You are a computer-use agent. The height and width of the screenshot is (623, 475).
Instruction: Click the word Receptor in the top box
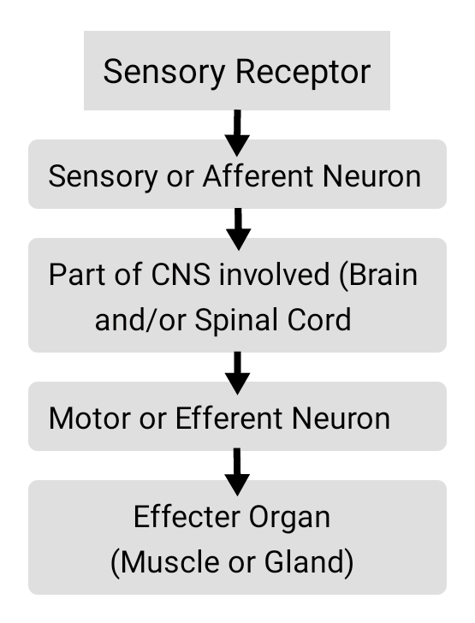[x=303, y=73]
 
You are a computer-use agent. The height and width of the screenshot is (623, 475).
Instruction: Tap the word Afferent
[x=258, y=175]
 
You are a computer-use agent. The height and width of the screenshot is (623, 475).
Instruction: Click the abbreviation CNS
[x=181, y=274]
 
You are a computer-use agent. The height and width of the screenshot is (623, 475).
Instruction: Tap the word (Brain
[x=378, y=275]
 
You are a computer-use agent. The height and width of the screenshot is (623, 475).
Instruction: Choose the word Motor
[x=84, y=418]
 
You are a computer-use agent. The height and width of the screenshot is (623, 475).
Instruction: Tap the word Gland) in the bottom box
[x=309, y=562]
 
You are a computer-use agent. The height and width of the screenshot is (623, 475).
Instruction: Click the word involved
[x=275, y=274]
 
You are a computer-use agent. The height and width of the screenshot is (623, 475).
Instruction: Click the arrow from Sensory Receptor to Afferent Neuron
[x=237, y=133]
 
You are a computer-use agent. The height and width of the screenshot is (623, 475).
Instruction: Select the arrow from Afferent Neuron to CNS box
[x=238, y=229]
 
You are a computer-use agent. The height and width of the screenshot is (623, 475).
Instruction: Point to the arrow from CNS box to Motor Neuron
[x=237, y=373]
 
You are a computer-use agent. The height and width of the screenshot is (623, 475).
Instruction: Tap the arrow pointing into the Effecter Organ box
[x=237, y=472]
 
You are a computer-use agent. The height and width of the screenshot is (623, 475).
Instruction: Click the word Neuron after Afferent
[x=371, y=176]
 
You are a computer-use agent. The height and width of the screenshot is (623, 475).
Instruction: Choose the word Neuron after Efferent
[x=341, y=418]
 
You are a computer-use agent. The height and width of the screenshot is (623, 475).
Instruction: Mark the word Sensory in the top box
[x=164, y=73]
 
